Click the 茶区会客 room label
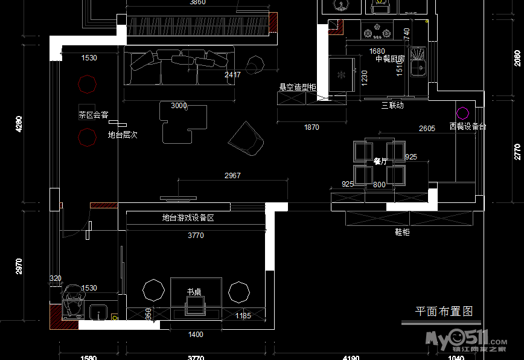[94, 114]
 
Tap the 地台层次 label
[123, 135]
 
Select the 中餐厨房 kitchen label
[390, 59]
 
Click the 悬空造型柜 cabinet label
[297, 87]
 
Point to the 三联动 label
[392, 105]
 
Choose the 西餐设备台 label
[468, 127]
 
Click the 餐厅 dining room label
[380, 161]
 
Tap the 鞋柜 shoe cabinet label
[402, 232]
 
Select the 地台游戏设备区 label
[188, 218]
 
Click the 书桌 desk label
[194, 292]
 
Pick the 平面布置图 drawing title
[444, 312]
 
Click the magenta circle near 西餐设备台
[462, 113]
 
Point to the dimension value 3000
[179, 106]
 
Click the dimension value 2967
[232, 176]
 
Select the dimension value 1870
[312, 127]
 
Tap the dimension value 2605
[427, 129]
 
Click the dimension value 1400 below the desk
[196, 334]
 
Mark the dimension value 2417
[232, 75]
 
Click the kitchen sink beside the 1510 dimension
[418, 62]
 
